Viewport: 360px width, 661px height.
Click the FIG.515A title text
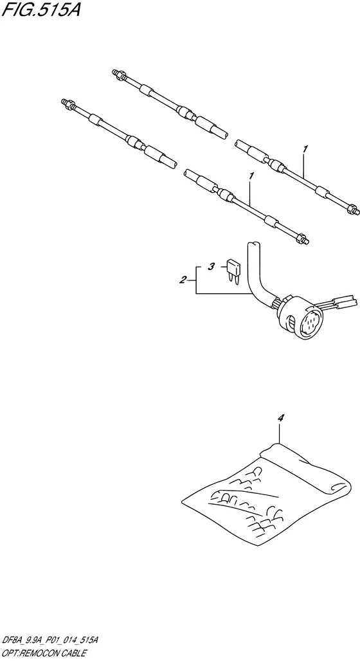coord(41,9)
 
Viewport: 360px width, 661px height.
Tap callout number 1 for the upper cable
coord(305,149)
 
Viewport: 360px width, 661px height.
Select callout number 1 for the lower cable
coord(251,176)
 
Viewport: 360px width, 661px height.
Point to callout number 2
coord(183,280)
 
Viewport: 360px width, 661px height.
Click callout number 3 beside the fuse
coord(212,266)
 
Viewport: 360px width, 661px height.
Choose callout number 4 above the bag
coord(281,418)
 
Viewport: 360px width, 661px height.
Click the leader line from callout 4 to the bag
coord(280,433)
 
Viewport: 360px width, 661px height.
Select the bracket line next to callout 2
coord(197,280)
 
